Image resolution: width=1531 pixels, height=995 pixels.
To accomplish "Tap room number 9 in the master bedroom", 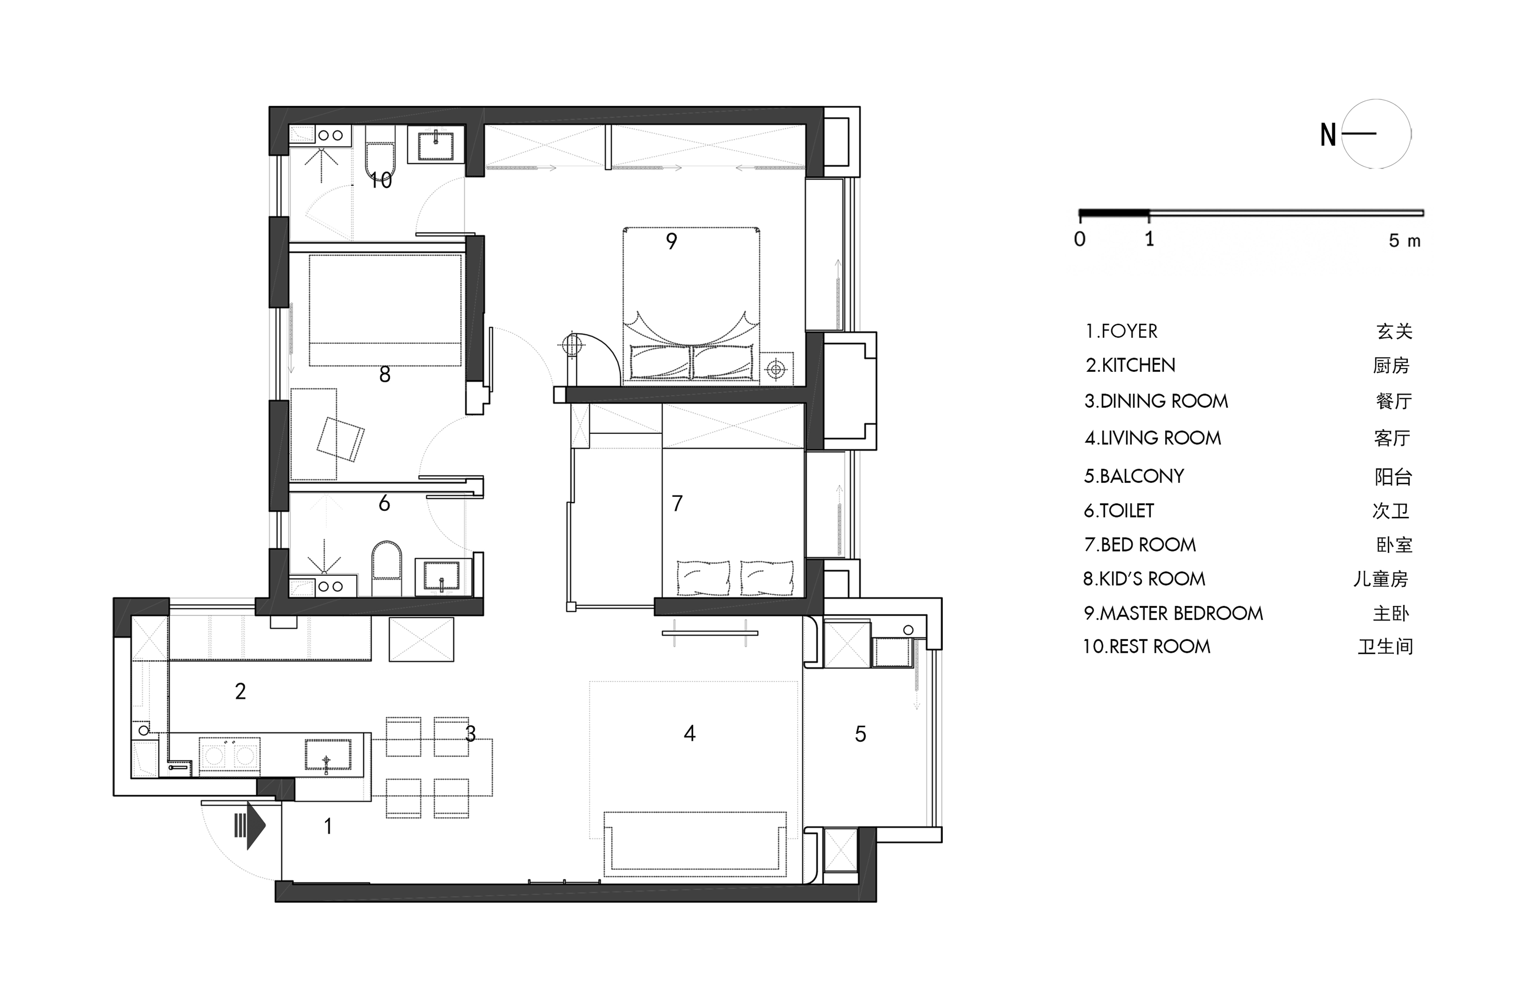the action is pos(672,241).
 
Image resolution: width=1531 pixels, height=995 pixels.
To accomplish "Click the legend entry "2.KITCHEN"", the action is pos(1130,365).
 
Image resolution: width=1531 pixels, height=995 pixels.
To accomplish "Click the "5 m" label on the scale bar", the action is pos(1404,241).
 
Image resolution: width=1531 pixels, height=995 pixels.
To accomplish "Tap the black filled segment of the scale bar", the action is pos(1114,212).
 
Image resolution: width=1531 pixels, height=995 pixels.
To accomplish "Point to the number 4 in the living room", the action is pos(690,733).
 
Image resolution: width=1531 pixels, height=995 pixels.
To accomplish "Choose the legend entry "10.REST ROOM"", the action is pos(1146,646).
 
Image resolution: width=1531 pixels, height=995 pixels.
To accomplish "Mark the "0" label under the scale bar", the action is pos(1080,239).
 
